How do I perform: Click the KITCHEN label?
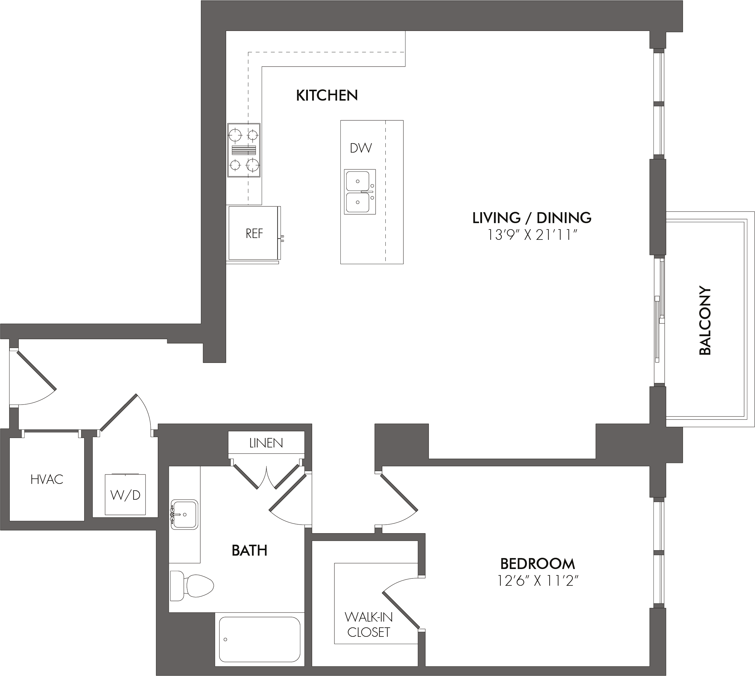click(327, 95)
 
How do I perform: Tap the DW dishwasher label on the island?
click(360, 148)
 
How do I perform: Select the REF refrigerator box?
click(254, 233)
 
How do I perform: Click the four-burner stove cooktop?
click(244, 150)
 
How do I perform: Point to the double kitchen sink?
click(360, 192)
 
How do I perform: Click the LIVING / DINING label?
click(532, 218)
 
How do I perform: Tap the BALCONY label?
click(705, 320)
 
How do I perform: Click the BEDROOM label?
click(537, 564)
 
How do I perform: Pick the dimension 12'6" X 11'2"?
click(538, 581)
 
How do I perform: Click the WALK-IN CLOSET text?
click(368, 624)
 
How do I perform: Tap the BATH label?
click(249, 550)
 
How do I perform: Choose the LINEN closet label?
click(266, 443)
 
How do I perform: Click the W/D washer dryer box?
click(125, 494)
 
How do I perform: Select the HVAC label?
click(47, 480)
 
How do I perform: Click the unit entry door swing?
click(33, 377)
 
